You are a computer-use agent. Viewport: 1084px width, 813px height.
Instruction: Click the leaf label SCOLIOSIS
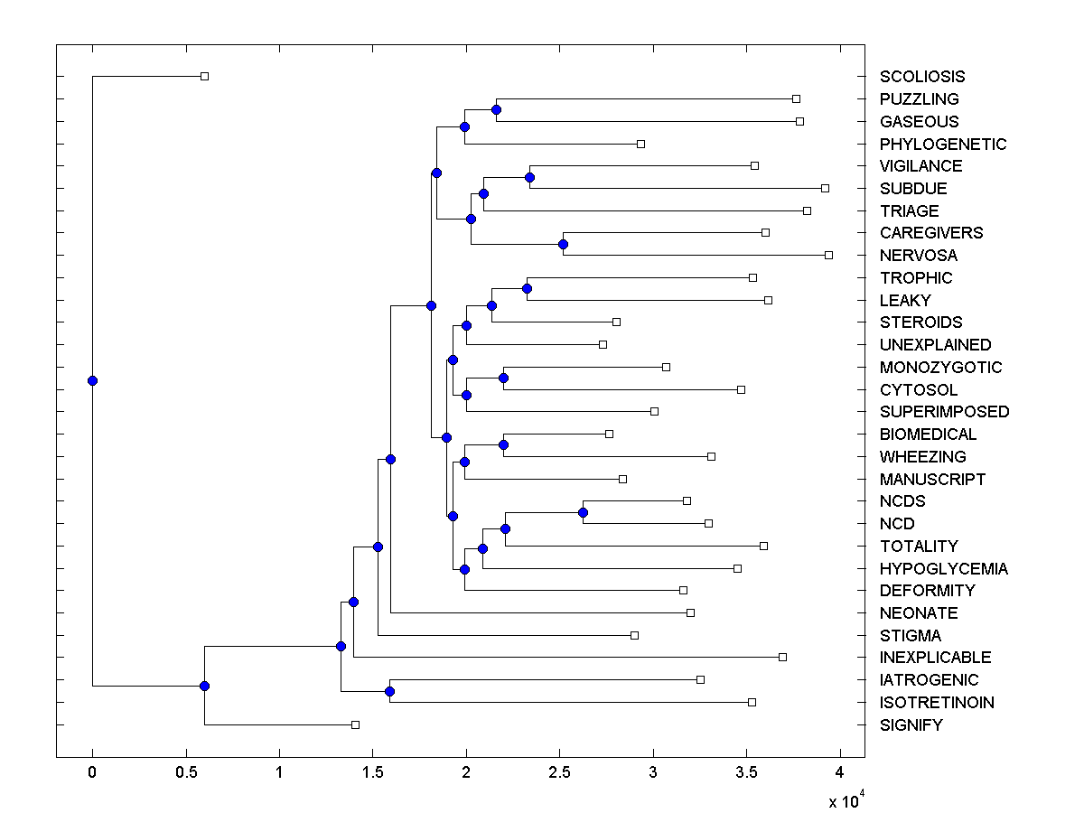pos(921,77)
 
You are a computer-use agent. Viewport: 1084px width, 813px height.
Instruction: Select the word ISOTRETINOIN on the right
pos(937,703)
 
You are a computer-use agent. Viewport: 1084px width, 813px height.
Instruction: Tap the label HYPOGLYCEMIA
pos(943,569)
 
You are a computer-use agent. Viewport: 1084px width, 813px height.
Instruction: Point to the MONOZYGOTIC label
pos(940,368)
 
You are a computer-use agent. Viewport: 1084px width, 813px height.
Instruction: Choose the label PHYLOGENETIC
pos(942,145)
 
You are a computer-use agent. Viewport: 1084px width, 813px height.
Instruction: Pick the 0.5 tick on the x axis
pos(186,772)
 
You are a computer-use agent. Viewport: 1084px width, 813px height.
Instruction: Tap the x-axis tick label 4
pos(840,772)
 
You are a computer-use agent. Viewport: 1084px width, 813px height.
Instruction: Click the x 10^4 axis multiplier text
pos(846,800)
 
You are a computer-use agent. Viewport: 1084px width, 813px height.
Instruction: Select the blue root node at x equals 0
pos(92,380)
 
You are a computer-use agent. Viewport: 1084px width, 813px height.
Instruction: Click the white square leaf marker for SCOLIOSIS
pos(204,76)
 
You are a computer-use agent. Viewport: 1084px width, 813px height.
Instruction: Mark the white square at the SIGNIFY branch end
pos(355,724)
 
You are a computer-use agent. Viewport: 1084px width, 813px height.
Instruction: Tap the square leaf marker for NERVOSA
pos(828,255)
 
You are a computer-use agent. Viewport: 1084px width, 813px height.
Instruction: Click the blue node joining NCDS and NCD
pos(583,512)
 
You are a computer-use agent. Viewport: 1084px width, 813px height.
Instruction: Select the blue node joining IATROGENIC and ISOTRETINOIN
pos(389,691)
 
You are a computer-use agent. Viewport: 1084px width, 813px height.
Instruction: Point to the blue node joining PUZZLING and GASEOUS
pos(496,109)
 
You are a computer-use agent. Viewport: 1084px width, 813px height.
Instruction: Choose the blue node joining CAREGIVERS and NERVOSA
pos(563,244)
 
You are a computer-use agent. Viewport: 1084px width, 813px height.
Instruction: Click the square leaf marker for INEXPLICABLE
pos(782,657)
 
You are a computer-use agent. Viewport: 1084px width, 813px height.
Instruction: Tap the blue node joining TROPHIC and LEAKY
pos(527,288)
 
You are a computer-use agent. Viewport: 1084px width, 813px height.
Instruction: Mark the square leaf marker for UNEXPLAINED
pos(603,344)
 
